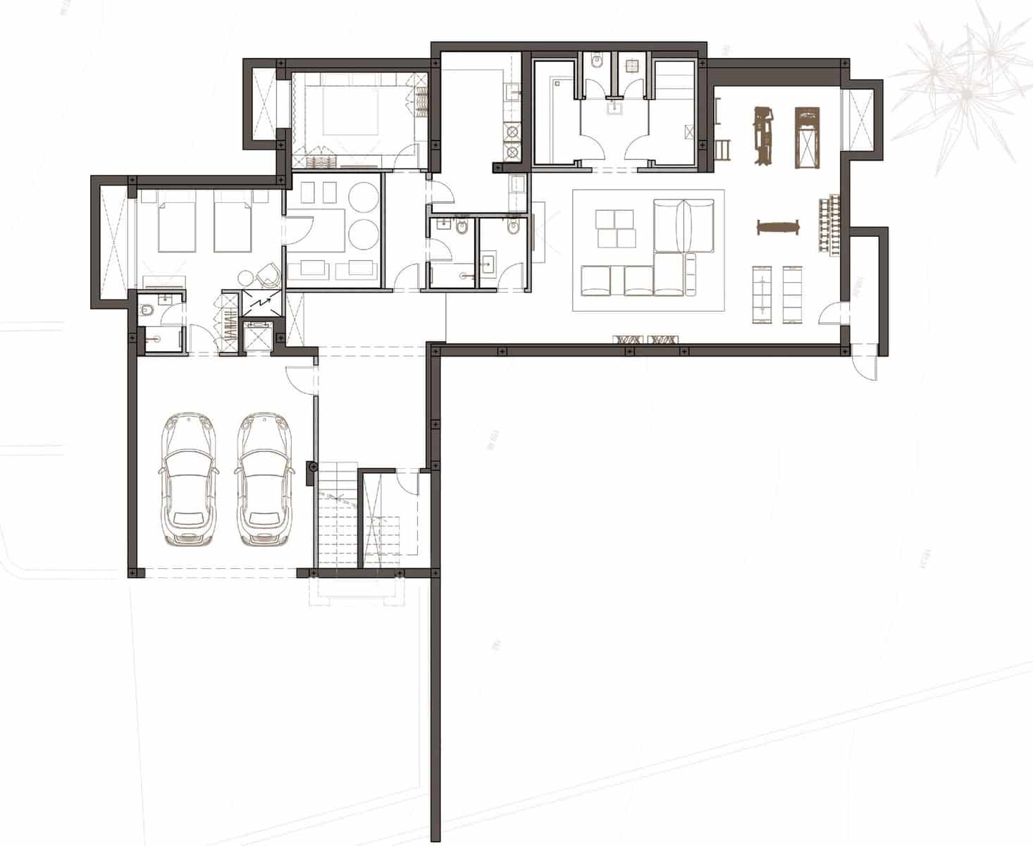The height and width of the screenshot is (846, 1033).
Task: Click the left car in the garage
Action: [187, 479]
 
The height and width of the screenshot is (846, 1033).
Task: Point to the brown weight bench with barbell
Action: [778, 227]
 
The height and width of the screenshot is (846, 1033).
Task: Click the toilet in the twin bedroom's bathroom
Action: [147, 309]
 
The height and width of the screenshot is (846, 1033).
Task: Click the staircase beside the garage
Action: [338, 518]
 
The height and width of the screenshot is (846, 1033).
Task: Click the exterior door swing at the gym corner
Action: [864, 363]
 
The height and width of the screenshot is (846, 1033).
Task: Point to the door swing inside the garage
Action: [299, 381]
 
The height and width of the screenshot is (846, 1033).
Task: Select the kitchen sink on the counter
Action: [513, 90]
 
